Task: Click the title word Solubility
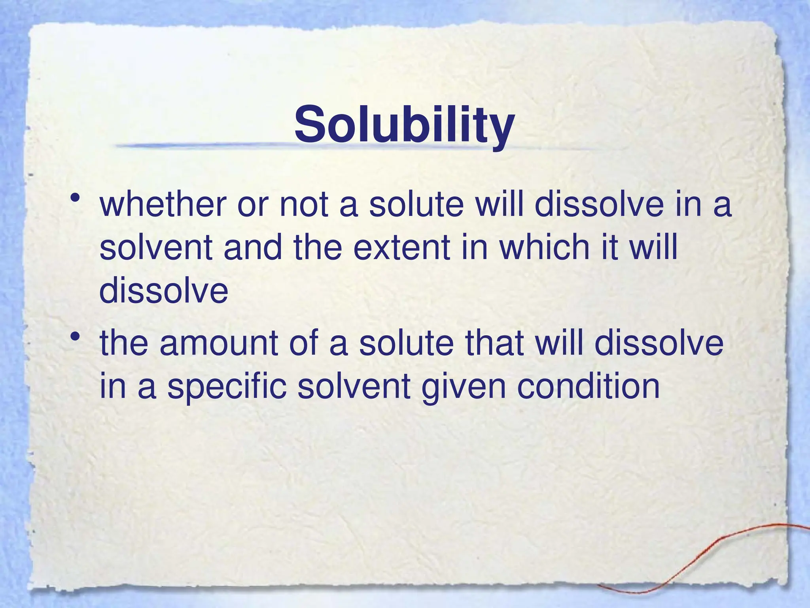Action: (404, 124)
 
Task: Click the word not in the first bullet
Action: (304, 205)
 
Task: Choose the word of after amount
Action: (303, 343)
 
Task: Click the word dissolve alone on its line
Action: (164, 291)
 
